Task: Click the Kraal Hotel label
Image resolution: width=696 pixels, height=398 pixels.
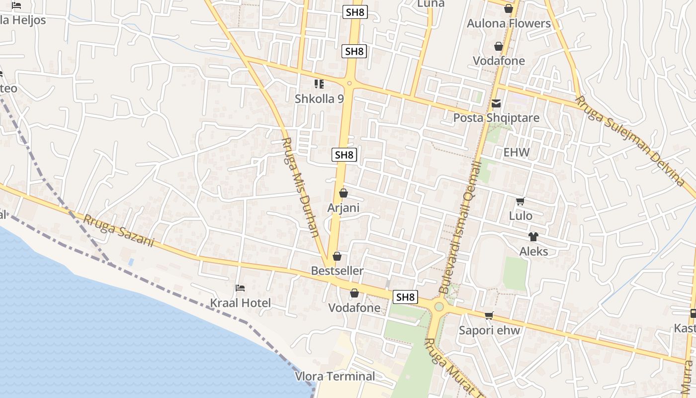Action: click(x=241, y=303)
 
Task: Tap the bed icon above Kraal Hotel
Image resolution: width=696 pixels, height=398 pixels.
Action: click(x=240, y=288)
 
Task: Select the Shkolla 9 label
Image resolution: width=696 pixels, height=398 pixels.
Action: click(x=319, y=99)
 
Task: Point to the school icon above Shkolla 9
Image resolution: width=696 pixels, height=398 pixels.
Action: click(x=319, y=84)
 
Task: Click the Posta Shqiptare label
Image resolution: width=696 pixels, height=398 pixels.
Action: click(x=496, y=118)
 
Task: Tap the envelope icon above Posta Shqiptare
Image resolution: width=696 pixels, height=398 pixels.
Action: click(x=496, y=103)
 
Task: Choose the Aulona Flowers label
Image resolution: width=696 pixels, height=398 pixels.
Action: click(x=509, y=23)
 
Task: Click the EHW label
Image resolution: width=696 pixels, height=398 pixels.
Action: click(x=517, y=152)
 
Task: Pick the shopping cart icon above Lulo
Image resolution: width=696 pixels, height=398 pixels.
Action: click(x=521, y=201)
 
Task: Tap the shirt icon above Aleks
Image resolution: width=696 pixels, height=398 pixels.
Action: click(x=533, y=236)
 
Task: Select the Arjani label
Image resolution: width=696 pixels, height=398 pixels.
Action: click(x=343, y=207)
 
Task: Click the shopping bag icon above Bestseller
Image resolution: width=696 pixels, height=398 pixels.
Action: click(x=337, y=256)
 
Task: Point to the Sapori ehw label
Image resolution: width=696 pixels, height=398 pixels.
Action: click(x=489, y=330)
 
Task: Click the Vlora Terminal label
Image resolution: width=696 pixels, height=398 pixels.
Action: click(x=335, y=376)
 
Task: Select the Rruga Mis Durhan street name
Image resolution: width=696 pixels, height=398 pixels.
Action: click(x=300, y=187)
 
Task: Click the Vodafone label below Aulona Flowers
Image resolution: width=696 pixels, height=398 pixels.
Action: click(x=499, y=61)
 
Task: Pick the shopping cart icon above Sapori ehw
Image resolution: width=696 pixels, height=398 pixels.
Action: click(x=489, y=315)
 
